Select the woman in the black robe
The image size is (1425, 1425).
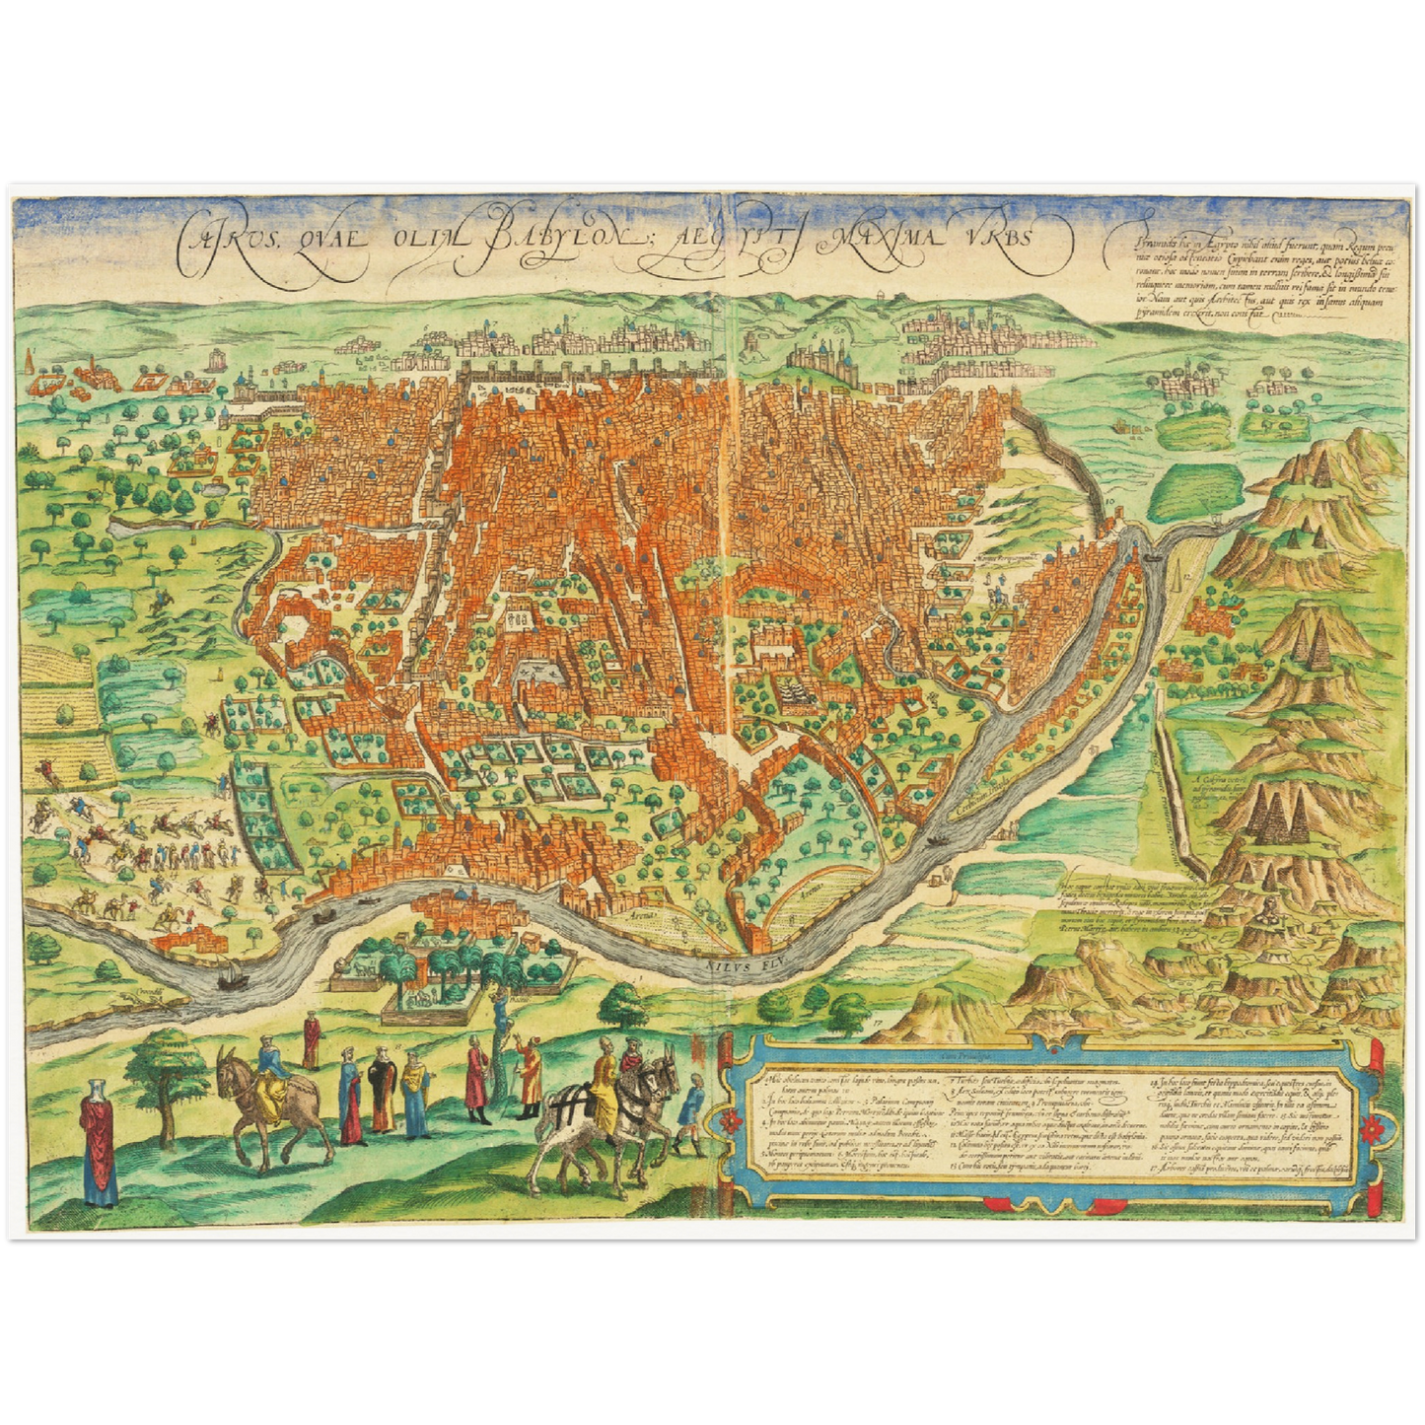coord(383,1090)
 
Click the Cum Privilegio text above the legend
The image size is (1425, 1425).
coord(966,1058)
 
